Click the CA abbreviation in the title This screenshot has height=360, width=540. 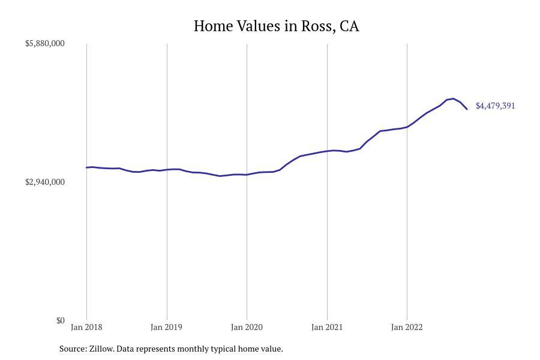click(349, 26)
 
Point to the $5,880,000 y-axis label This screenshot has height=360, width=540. click(44, 43)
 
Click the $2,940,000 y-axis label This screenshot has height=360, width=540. click(44, 182)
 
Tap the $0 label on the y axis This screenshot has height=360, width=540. click(60, 320)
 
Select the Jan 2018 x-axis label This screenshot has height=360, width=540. click(86, 327)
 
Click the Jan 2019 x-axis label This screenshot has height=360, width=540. click(167, 327)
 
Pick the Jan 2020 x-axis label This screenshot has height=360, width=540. click(247, 327)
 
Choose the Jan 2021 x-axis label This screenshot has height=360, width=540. click(327, 327)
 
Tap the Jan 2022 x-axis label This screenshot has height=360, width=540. click(407, 327)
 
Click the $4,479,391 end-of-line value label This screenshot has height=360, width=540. click(495, 106)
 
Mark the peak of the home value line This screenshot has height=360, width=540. click(454, 98)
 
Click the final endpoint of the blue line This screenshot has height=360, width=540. click(467, 109)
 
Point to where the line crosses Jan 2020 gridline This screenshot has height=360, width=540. click(247, 175)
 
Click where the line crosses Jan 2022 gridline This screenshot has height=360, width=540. click(407, 127)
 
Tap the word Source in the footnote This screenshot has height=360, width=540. click(72, 349)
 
